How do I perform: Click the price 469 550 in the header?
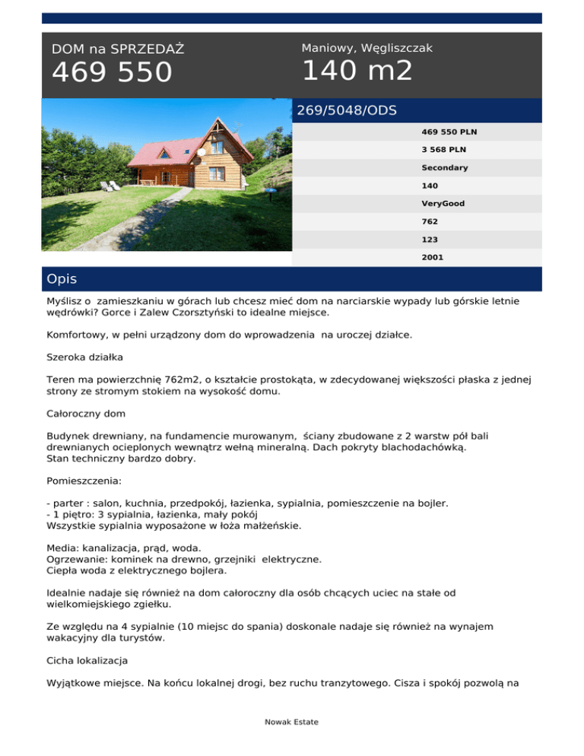[x=112, y=73]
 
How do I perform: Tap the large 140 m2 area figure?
[x=357, y=71]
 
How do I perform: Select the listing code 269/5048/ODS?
[x=347, y=110]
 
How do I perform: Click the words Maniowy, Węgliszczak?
[x=367, y=48]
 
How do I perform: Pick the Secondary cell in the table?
[x=445, y=167]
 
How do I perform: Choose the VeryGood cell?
[x=443, y=204]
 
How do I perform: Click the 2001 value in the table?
[x=433, y=258]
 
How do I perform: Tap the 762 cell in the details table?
[x=430, y=221]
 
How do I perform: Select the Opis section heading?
[x=62, y=279]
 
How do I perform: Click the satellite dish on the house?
[x=202, y=151]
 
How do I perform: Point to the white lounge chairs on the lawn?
[x=109, y=186]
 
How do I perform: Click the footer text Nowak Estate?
[x=292, y=722]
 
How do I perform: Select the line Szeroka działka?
[x=82, y=355]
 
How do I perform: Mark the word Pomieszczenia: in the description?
[x=86, y=481]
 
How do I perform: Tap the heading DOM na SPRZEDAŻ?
[x=118, y=49]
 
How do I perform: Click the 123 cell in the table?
[x=430, y=240]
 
